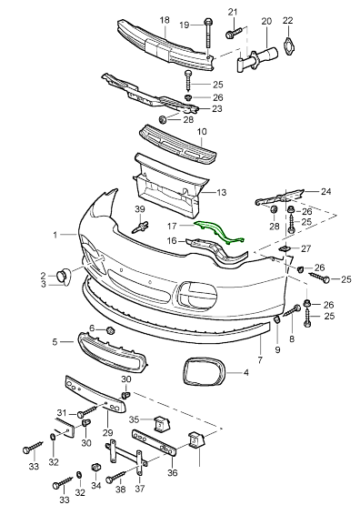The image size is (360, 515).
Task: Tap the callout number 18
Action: [165, 20]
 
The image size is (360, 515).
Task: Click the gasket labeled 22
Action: [288, 46]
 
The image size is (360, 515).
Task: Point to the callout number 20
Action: [266, 21]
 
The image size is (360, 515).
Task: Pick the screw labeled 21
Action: [234, 32]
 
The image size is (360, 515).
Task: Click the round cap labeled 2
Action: [64, 276]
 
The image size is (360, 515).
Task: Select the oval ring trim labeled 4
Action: [203, 372]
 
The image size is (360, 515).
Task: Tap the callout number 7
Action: [260, 359]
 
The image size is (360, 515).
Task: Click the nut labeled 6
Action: [110, 329]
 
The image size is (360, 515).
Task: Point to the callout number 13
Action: [222, 192]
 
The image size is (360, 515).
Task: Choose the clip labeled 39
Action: [141, 227]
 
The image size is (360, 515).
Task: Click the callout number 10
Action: [202, 132]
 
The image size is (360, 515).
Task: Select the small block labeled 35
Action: [161, 424]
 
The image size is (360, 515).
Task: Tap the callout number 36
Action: [173, 472]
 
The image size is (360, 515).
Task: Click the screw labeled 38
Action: [115, 477]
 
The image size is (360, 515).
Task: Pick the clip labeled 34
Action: [95, 467]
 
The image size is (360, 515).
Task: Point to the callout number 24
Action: [325, 191]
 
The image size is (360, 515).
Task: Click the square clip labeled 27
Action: [285, 248]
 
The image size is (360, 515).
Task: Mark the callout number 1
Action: [55, 235]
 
